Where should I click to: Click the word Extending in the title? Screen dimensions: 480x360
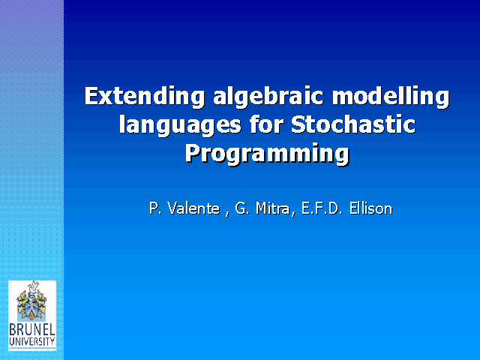pyautogui.click(x=145, y=97)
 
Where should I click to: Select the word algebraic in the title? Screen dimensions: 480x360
pyautogui.click(x=268, y=97)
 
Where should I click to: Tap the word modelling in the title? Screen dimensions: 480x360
pyautogui.click(x=391, y=97)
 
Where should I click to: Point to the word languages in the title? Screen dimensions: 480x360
pyautogui.click(x=180, y=125)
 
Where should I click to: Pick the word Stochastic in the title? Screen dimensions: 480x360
pyautogui.click(x=353, y=124)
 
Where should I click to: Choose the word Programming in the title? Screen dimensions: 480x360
pyautogui.click(x=267, y=154)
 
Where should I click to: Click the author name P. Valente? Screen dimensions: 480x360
pyautogui.click(x=184, y=208)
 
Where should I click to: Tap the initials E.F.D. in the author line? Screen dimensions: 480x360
pyautogui.click(x=322, y=208)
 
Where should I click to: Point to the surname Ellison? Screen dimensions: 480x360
pyautogui.click(x=371, y=208)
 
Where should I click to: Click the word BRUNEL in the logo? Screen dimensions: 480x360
pyautogui.click(x=32, y=330)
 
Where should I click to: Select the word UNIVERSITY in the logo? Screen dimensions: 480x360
pyautogui.click(x=32, y=342)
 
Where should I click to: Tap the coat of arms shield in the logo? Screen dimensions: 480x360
pyautogui.click(x=31, y=310)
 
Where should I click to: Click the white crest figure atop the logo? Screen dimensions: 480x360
pyautogui.click(x=33, y=288)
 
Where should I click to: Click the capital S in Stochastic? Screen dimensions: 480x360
pyautogui.click(x=298, y=124)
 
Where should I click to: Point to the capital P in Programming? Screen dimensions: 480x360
pyautogui.click(x=193, y=153)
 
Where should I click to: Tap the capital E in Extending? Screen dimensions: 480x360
pyautogui.click(x=92, y=96)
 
